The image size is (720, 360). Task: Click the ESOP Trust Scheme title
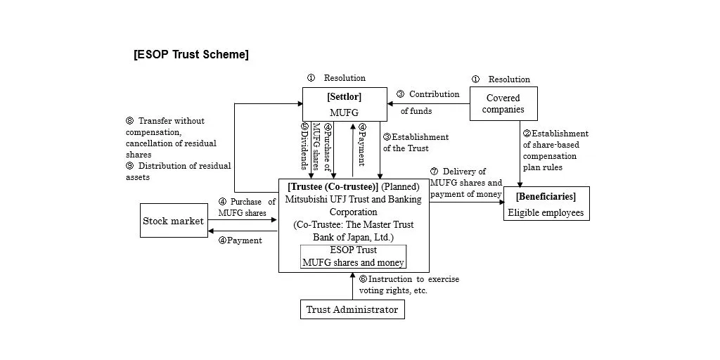click(x=191, y=54)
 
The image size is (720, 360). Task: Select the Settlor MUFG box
click(x=345, y=104)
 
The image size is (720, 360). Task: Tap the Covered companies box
click(x=503, y=103)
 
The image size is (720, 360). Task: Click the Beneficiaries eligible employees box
click(x=546, y=204)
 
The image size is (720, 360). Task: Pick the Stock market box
click(x=174, y=221)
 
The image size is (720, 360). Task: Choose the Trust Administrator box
click(x=352, y=309)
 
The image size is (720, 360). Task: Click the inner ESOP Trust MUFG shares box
click(x=353, y=257)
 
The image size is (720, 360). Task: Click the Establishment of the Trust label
click(x=416, y=143)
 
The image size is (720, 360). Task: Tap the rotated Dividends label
click(x=304, y=146)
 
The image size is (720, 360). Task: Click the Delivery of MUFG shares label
click(x=465, y=183)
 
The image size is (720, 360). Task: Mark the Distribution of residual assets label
click(x=177, y=172)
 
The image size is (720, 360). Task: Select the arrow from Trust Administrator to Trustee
click(x=352, y=285)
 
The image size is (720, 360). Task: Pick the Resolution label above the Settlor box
click(x=337, y=78)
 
